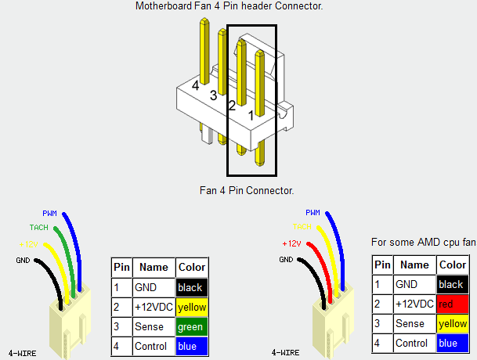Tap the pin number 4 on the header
pos(195,85)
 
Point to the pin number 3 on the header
pos(213,95)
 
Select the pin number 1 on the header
pos(251,116)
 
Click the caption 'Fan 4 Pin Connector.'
pos(248,190)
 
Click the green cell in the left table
pos(192,326)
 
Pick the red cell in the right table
pos(453,304)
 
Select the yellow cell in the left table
pos(192,307)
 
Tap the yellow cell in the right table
pos(453,323)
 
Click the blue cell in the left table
pos(192,346)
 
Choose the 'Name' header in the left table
pos(154,267)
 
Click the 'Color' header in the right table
pos(453,265)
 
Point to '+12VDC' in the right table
pos(413,304)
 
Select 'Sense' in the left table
pos(150,326)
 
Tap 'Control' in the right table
pos(412,343)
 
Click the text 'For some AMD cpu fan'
pos(423,243)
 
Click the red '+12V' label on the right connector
pos(293,243)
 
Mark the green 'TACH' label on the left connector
pos(38,228)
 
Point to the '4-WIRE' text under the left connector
pos(21,354)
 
